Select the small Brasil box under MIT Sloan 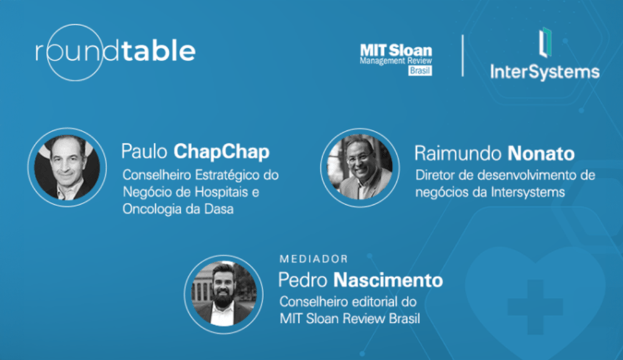coord(420,71)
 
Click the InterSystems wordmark coord(545,72)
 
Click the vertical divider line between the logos coord(462,56)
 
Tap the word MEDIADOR coord(313,258)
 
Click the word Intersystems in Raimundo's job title coord(531,192)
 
